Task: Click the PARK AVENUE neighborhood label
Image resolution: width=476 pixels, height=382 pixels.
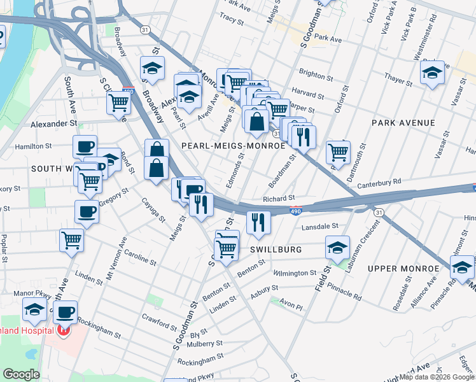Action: pos(403,122)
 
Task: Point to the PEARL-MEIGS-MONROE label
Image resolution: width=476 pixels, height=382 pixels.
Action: pos(234,146)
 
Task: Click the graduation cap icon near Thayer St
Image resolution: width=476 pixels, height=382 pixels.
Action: pos(432,73)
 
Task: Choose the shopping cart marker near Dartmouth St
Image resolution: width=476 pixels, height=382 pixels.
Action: pos(338,152)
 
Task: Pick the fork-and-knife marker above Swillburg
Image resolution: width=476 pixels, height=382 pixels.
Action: pos(258,222)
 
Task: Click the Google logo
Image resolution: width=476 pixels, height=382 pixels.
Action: pos(21,374)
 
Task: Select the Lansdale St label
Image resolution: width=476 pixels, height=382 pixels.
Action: pos(320,226)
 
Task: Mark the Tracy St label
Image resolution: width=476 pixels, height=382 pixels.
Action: pos(232,20)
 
